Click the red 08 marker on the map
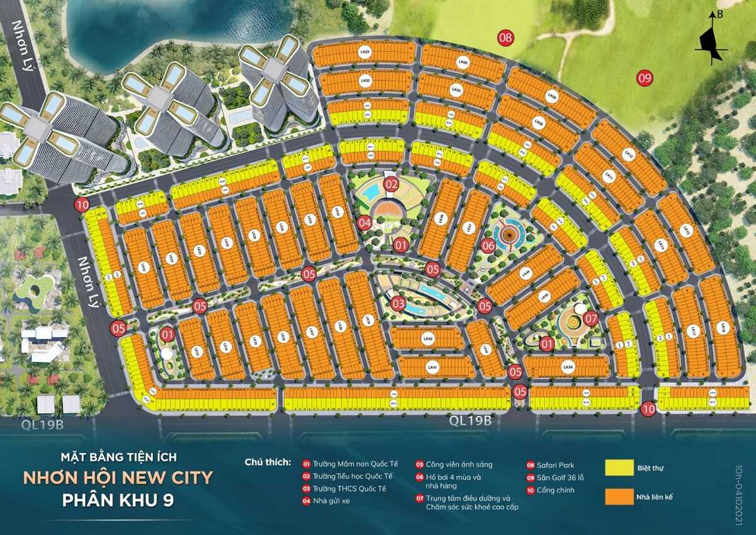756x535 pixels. [505, 37]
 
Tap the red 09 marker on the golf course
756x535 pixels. [644, 78]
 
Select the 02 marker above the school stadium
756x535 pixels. [391, 185]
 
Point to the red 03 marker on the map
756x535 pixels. [398, 304]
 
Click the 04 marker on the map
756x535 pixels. [364, 222]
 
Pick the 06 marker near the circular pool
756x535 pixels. [488, 246]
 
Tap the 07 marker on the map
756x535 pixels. [590, 318]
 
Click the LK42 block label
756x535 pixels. [428, 339]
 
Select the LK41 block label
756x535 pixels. [432, 367]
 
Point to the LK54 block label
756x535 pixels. [568, 366]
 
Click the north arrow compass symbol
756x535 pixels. [711, 39]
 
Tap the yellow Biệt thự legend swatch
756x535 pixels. [620, 468]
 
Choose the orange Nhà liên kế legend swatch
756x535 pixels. [620, 497]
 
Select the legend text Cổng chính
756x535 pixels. [554, 490]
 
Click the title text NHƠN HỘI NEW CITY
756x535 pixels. [118, 477]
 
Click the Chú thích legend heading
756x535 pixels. [268, 462]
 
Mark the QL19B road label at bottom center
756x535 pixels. [470, 420]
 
